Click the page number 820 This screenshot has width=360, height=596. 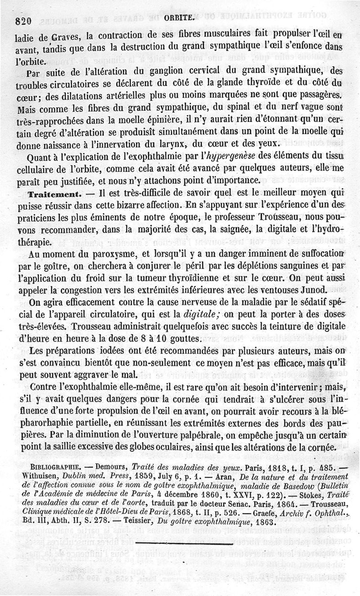click(x=22, y=20)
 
